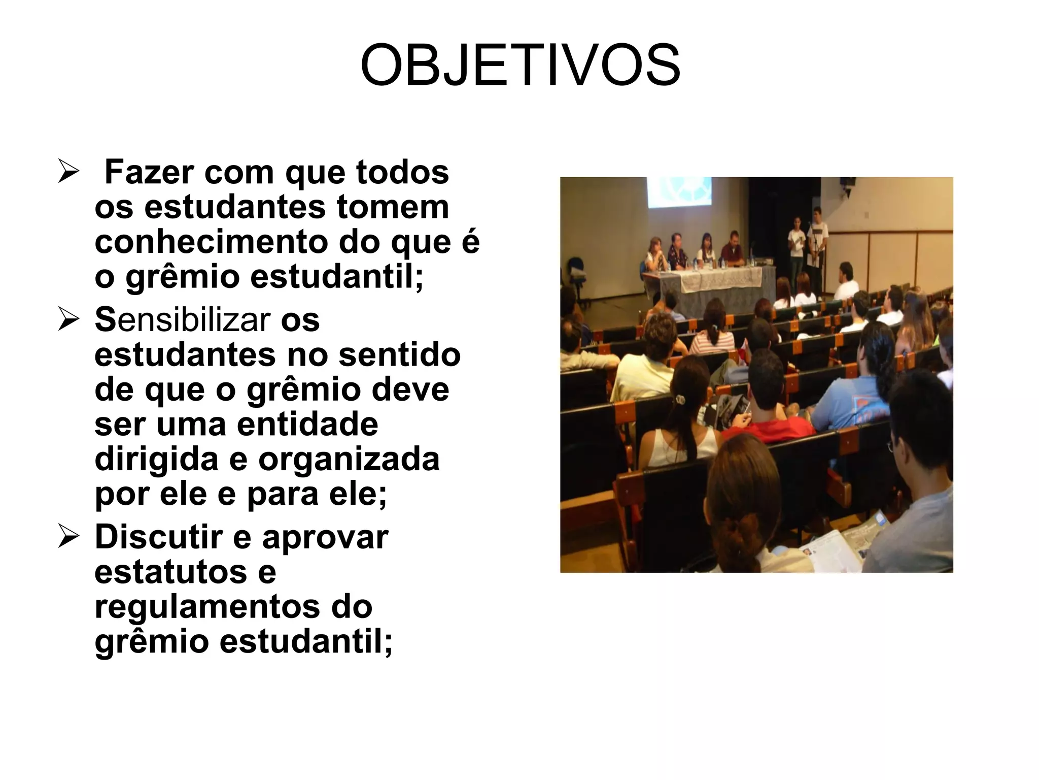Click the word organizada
pyautogui.click(x=349, y=460)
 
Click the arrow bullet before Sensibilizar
pyautogui.click(x=68, y=321)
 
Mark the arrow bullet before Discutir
pyautogui.click(x=68, y=538)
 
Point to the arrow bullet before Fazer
pyautogui.click(x=68, y=173)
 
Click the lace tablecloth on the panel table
pyautogui.click(x=720, y=280)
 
